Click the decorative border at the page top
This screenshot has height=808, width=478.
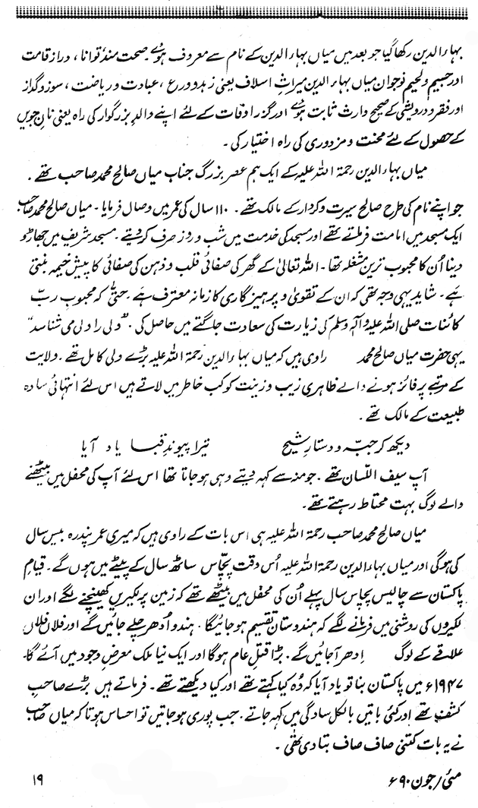239,8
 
